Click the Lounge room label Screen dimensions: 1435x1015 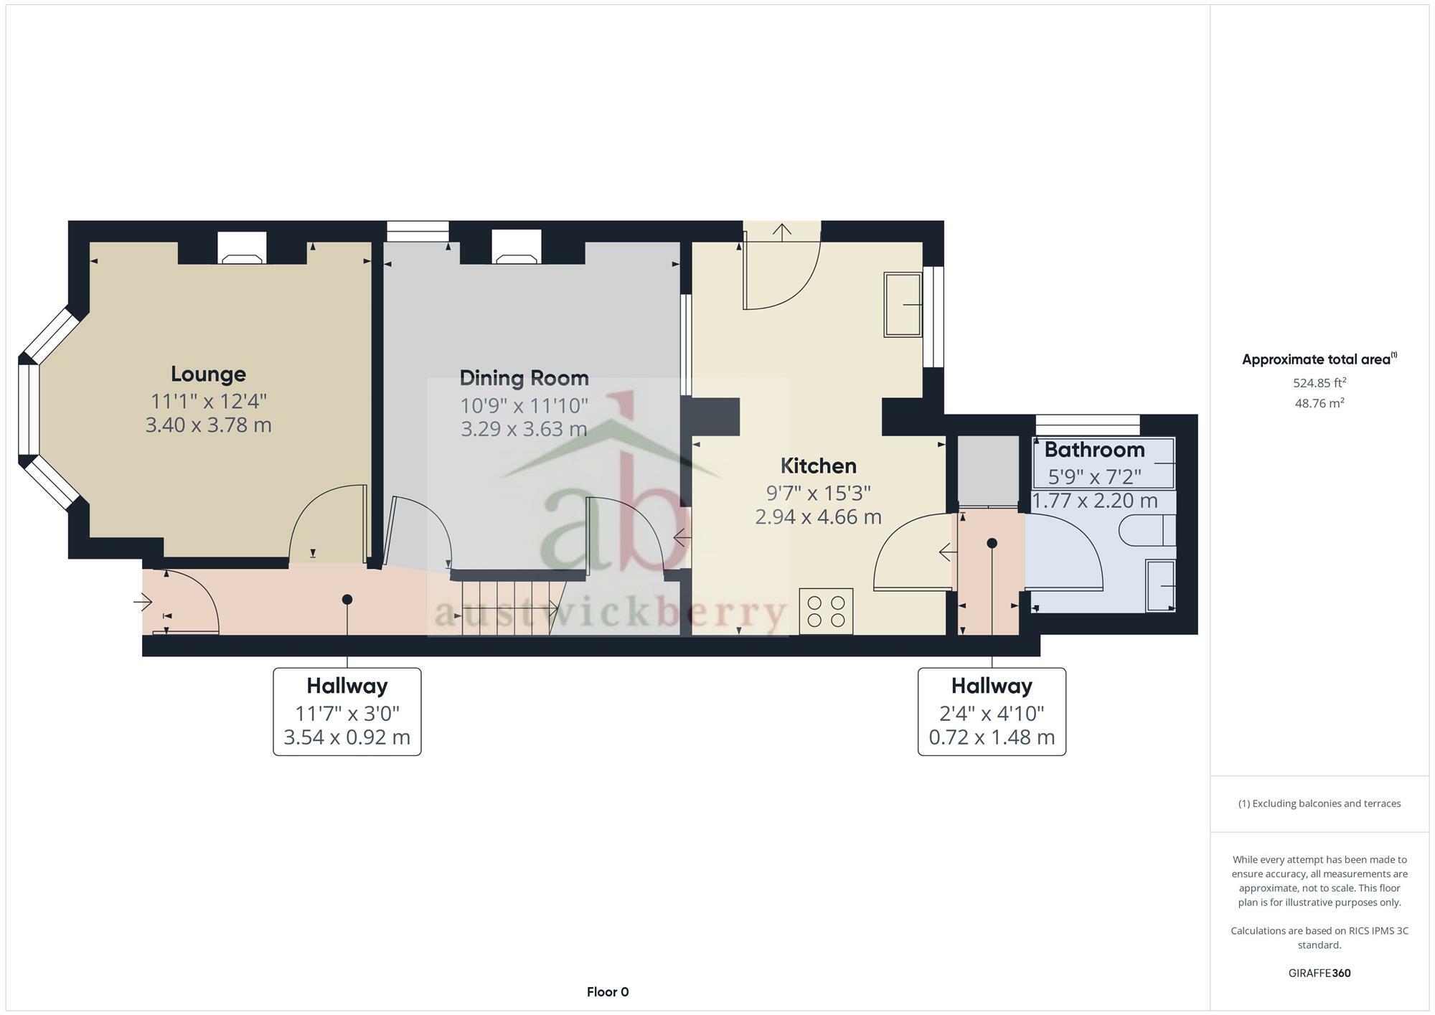(x=208, y=374)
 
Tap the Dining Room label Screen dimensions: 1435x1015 (x=524, y=378)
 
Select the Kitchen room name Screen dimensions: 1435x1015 (x=818, y=466)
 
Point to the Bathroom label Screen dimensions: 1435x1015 (x=1094, y=450)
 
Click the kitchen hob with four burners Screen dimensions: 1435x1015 (x=827, y=611)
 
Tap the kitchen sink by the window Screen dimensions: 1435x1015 (x=903, y=304)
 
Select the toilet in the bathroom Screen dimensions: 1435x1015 (x=1147, y=530)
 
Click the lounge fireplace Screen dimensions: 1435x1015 (x=242, y=248)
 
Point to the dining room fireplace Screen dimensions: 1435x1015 (x=517, y=247)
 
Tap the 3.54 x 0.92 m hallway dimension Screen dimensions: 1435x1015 (x=347, y=737)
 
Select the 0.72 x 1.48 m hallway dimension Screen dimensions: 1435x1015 (x=992, y=737)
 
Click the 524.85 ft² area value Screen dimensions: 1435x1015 (x=1319, y=383)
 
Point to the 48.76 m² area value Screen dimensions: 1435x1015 (x=1319, y=403)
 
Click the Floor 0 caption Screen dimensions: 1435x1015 (x=608, y=992)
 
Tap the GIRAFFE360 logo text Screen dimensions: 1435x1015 (x=1319, y=973)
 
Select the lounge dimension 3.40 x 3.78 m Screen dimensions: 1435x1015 (x=208, y=425)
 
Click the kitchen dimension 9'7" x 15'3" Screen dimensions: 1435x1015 (x=818, y=493)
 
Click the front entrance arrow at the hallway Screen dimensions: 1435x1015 (x=143, y=602)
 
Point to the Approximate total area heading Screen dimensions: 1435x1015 (x=1319, y=359)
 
